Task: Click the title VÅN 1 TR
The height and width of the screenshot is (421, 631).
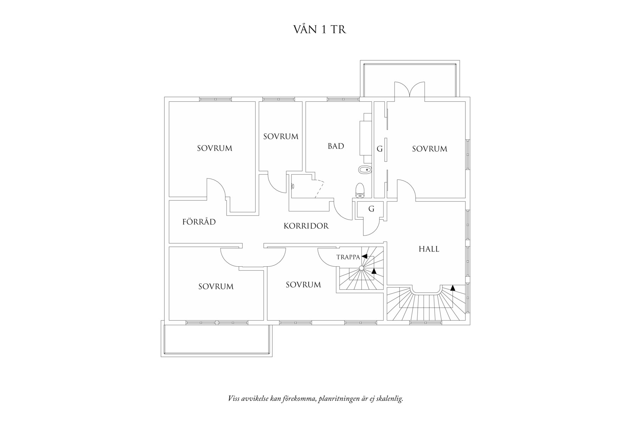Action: [319, 29]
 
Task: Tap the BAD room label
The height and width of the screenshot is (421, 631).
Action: [336, 146]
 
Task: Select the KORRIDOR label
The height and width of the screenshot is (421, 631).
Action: [306, 226]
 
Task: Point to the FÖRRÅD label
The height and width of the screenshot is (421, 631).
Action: [199, 222]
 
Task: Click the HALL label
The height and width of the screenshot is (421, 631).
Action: [429, 249]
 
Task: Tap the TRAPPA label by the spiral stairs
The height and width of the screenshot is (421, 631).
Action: [348, 257]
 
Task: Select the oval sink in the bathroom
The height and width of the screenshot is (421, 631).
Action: [365, 170]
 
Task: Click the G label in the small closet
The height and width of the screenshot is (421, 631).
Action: [371, 209]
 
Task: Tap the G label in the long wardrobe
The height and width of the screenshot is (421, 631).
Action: [379, 149]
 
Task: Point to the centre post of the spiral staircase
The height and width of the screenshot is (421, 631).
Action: [361, 268]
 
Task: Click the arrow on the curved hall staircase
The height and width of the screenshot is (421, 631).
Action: [452, 288]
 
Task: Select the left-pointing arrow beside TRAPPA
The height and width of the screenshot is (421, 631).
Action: [364, 256]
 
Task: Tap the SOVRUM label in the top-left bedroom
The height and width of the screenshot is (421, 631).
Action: [214, 148]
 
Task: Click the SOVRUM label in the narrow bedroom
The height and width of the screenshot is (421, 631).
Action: [281, 137]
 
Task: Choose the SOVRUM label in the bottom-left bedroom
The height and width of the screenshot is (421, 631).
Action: [216, 287]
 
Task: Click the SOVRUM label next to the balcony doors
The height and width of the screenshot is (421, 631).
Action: [429, 149]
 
